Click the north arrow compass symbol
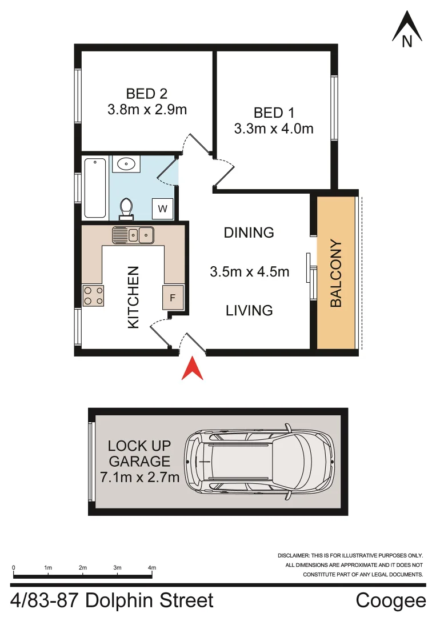pyautogui.click(x=407, y=30)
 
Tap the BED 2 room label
pyautogui.click(x=146, y=93)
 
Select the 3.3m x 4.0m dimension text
pyautogui.click(x=274, y=129)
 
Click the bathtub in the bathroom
pyautogui.click(x=95, y=187)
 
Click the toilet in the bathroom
pyautogui.click(x=126, y=207)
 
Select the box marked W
pyautogui.click(x=163, y=209)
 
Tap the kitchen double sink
pyautogui.click(x=133, y=234)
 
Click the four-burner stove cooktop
pyautogui.click(x=94, y=295)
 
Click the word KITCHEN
pyautogui.click(x=133, y=297)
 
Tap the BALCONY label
pyautogui.click(x=336, y=274)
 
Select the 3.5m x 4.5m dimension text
pyautogui.click(x=250, y=272)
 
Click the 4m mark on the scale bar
pyautogui.click(x=151, y=568)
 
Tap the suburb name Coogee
pyautogui.click(x=391, y=601)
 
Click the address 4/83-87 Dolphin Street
pyautogui.click(x=112, y=601)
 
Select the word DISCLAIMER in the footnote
pyautogui.click(x=293, y=555)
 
